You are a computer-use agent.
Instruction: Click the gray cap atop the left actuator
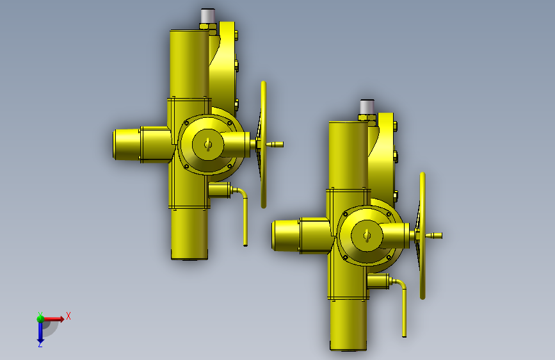[208, 16]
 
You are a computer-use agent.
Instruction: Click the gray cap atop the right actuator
[367, 106]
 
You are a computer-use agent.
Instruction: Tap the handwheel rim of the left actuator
[263, 145]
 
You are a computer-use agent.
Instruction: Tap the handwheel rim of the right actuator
[422, 236]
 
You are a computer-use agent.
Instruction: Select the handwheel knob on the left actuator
[275, 145]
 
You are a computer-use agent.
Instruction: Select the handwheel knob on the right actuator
[433, 236]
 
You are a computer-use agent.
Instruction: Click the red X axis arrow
[54, 319]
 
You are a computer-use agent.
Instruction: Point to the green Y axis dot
[40, 319]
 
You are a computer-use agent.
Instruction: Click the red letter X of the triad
[68, 316]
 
